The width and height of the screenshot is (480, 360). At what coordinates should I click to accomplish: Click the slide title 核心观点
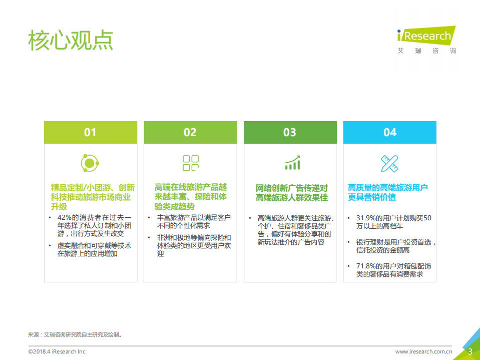click(x=71, y=40)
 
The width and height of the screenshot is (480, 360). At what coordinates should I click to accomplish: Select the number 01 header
click(x=90, y=132)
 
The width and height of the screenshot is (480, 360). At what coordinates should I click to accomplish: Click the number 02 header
click(x=190, y=132)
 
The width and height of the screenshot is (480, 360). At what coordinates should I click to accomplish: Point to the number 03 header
click(x=290, y=132)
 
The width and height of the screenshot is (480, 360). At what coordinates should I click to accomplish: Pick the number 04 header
click(x=390, y=132)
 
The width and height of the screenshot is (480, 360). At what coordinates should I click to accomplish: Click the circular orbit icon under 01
click(x=90, y=163)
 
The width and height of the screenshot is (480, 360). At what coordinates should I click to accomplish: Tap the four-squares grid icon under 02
click(x=190, y=163)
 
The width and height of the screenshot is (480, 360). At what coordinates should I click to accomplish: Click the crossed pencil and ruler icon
click(x=389, y=163)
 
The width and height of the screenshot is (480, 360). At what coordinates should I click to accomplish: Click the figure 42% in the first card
click(x=66, y=217)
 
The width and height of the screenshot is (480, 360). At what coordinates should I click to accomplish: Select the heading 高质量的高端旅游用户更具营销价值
click(x=388, y=192)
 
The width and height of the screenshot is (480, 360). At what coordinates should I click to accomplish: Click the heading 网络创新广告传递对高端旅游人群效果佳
click(x=292, y=192)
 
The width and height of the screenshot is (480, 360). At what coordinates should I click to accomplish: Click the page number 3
click(x=470, y=351)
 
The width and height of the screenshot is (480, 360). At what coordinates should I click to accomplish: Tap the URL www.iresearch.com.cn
click(x=424, y=351)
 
